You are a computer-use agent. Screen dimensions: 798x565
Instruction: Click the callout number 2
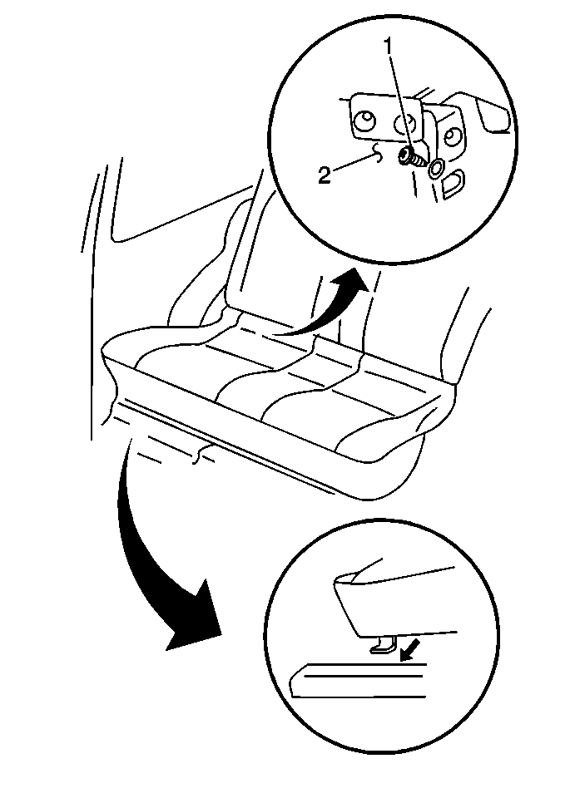coord(324,174)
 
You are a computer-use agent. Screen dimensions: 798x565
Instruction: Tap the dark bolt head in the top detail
coord(407,155)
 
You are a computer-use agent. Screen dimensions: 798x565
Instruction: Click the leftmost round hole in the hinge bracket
coord(361,122)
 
